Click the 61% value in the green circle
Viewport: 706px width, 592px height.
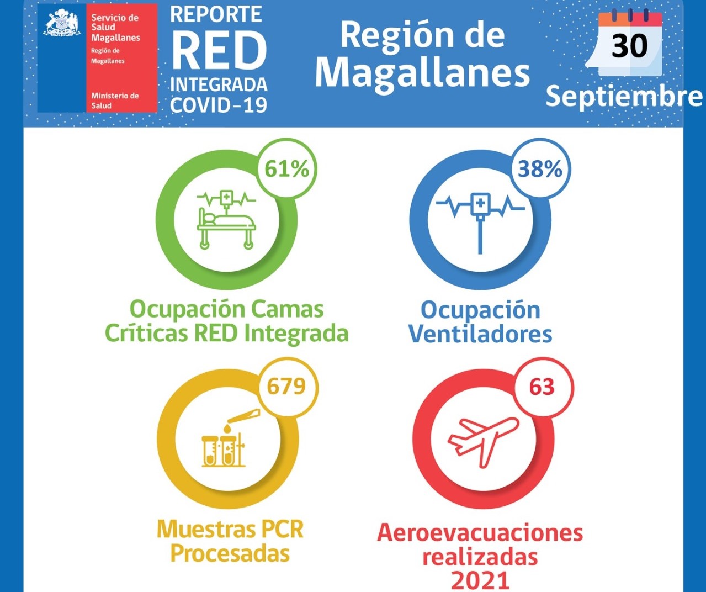(x=286, y=168)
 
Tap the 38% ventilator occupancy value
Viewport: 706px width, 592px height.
(x=539, y=168)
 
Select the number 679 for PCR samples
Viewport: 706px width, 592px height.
(x=286, y=386)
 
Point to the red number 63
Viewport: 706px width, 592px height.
(x=542, y=387)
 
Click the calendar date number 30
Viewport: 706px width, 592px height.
(x=629, y=46)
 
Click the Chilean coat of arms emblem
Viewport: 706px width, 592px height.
(x=61, y=24)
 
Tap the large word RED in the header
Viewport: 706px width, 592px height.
(x=219, y=51)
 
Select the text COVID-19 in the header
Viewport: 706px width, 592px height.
(x=219, y=104)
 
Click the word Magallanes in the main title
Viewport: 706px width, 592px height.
(x=422, y=72)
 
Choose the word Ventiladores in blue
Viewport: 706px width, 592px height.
(x=480, y=334)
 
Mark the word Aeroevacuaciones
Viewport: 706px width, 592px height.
(x=480, y=533)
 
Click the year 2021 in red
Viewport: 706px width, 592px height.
(x=480, y=580)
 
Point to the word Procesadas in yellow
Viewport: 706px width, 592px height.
(x=230, y=553)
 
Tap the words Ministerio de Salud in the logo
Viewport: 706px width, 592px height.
(x=115, y=101)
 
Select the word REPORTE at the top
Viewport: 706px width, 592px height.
(x=216, y=14)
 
